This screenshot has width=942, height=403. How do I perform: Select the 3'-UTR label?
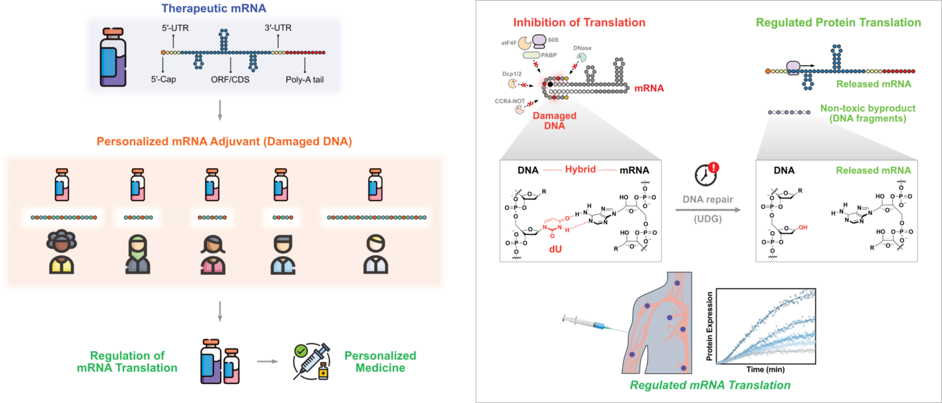pos(278,28)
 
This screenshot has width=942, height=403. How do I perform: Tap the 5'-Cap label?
pos(163,79)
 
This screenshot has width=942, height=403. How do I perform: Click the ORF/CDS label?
pos(230,79)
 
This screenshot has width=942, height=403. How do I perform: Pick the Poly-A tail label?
pos(305,79)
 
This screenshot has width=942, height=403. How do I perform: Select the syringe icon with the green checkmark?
pos(311,361)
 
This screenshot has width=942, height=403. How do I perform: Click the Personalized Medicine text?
pos(380,361)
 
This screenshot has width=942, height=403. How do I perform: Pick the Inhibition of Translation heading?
pos(580,23)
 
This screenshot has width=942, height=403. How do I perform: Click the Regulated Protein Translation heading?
pos(838,23)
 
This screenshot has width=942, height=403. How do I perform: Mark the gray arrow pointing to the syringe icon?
pos(264,361)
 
